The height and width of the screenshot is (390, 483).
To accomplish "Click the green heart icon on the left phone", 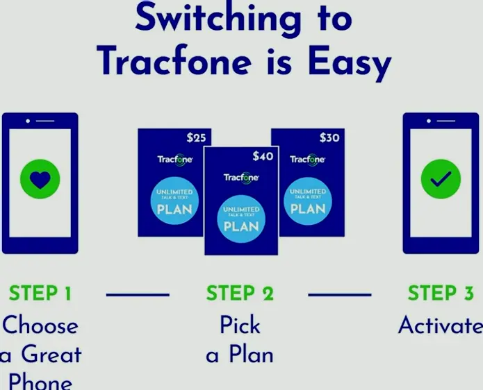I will (x=40, y=180).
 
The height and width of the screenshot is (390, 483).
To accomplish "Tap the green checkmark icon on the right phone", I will (x=441, y=180).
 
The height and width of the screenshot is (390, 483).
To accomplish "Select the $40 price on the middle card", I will (x=263, y=156).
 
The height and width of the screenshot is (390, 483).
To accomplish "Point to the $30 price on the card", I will (x=329, y=137).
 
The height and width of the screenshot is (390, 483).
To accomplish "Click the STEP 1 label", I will (x=40, y=294).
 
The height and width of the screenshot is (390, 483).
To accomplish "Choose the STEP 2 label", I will (x=240, y=294).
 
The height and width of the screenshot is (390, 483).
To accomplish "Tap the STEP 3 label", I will (x=441, y=294).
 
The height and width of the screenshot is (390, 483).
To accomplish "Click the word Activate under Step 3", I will (x=440, y=325).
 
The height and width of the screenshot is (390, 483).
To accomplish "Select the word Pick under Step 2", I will (x=240, y=325).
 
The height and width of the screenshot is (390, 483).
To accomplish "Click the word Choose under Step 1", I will (x=40, y=325).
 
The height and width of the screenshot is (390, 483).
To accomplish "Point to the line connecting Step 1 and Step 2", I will (x=138, y=295).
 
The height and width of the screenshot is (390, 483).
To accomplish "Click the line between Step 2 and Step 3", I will (x=340, y=295).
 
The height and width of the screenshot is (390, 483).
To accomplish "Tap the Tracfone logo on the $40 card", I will (x=241, y=178).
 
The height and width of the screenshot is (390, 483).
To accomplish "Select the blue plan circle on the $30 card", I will (x=307, y=201).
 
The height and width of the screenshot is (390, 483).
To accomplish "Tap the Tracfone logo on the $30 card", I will (x=308, y=160).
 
